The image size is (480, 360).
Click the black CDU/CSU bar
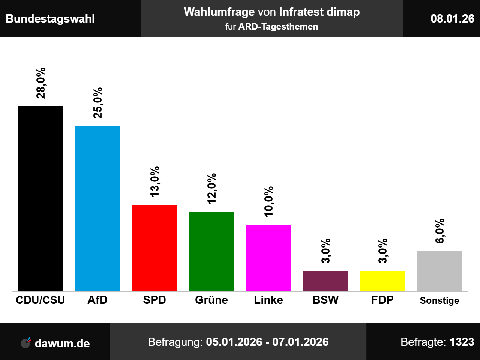(40, 198)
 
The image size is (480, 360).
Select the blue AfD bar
(97, 208)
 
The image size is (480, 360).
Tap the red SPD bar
(154, 248)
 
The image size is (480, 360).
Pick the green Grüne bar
(211, 251)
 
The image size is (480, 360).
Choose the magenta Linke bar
(268, 258)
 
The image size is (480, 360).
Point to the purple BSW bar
(325, 281)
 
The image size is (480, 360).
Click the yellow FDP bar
(382, 281)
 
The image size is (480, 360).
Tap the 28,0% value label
(40, 83)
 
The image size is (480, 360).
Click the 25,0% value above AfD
(97, 103)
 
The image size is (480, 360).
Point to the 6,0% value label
(439, 231)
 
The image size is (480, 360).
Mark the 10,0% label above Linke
(268, 201)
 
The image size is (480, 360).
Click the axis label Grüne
(211, 300)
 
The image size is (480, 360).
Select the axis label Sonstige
(439, 300)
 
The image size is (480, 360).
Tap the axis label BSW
(325, 300)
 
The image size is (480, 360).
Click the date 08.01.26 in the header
(452, 18)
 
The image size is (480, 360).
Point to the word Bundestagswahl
(50, 19)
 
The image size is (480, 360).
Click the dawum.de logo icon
(26, 342)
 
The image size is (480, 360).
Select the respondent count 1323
(462, 342)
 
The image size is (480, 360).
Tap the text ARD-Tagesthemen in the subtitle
(278, 27)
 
